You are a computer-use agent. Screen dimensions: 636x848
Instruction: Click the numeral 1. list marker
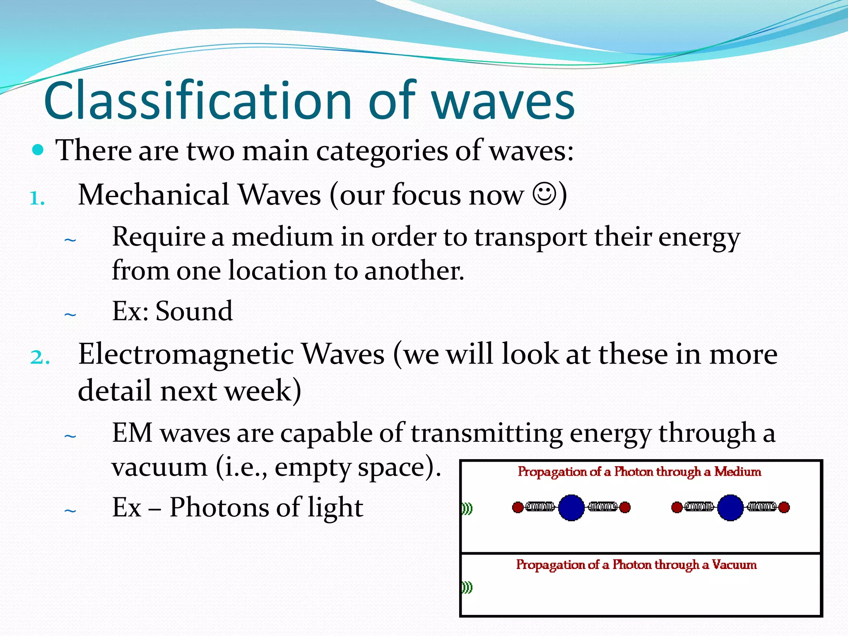(x=37, y=199)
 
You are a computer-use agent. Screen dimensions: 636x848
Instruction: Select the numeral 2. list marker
(x=40, y=357)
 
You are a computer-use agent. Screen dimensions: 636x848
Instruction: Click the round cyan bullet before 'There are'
(x=38, y=150)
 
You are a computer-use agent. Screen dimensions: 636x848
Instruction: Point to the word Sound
(x=194, y=311)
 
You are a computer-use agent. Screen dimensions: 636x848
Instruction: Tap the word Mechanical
(x=153, y=195)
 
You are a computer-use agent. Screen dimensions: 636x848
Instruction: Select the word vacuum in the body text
(x=159, y=467)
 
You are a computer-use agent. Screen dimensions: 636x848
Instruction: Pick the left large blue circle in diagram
(x=571, y=507)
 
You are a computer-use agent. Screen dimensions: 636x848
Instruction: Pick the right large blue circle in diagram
(x=730, y=507)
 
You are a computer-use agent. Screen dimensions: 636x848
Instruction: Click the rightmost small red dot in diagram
(x=784, y=507)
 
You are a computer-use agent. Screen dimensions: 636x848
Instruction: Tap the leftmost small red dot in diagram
(x=518, y=507)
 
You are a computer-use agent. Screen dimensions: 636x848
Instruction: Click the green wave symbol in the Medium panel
(x=467, y=508)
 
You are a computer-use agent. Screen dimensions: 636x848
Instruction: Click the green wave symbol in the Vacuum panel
(x=467, y=587)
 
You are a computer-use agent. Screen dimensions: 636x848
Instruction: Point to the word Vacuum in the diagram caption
(x=734, y=565)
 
